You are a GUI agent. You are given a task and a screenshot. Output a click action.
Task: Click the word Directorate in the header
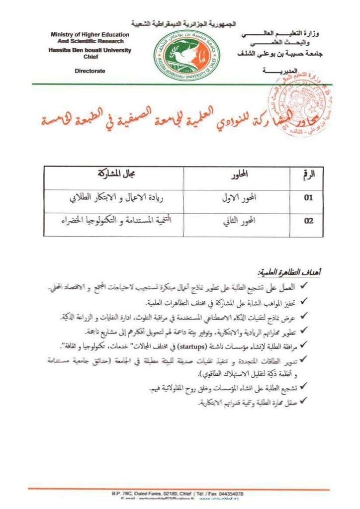90,71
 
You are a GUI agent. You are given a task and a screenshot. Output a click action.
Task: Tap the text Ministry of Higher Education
90,35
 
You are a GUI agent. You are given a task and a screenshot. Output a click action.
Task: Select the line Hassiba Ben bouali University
90,51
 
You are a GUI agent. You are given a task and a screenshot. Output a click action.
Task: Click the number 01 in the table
309,197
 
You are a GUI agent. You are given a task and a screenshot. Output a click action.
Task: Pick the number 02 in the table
309,221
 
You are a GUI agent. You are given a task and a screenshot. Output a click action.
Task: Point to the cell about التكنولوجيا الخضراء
115,221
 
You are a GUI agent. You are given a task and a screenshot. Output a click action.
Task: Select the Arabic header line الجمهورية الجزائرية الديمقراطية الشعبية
184,24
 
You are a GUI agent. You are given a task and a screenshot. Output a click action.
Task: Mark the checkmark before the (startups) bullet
307,345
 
